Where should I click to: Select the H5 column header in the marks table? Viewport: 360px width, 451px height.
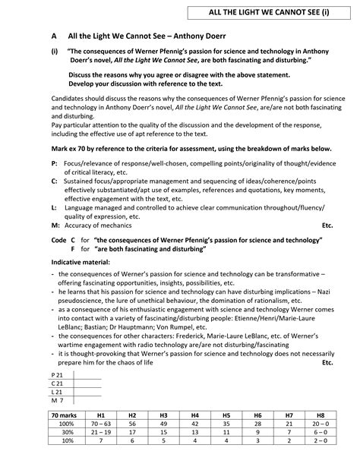point(226,416)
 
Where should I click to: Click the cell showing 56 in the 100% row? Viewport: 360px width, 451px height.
point(132,424)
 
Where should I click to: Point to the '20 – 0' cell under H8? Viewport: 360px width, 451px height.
point(321,424)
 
